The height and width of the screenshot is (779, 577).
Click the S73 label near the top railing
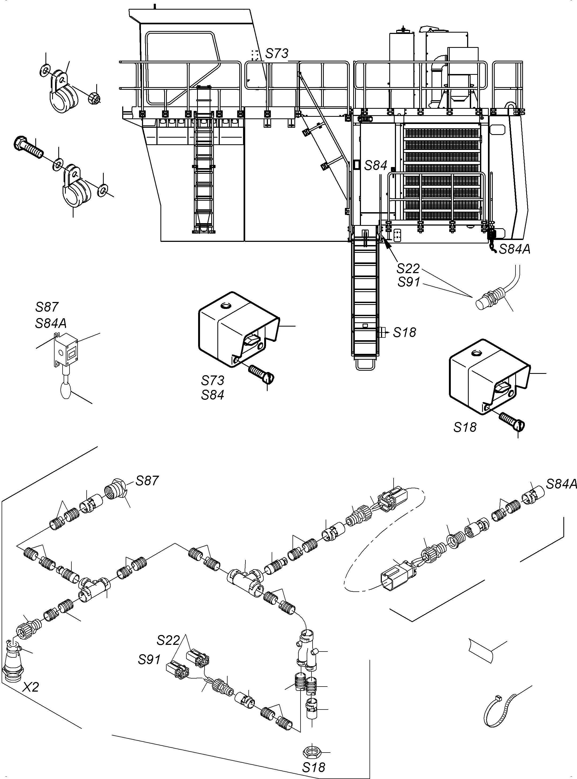point(277,53)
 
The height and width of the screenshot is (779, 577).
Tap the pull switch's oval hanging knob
point(66,391)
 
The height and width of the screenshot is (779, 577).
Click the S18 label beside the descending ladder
point(405,332)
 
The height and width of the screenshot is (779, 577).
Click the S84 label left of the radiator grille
point(376,165)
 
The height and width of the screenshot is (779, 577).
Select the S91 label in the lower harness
point(149,659)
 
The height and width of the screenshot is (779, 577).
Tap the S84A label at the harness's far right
point(561,484)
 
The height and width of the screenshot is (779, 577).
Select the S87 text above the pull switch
point(47,307)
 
